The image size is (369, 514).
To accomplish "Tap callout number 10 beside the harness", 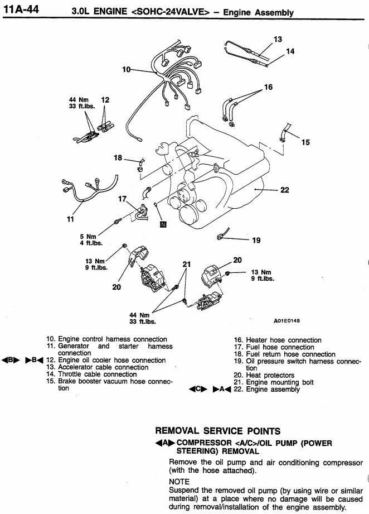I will pos(126,69).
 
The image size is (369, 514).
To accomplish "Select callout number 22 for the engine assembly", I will pos(284,190).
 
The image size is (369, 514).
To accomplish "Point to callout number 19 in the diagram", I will pos(256,241).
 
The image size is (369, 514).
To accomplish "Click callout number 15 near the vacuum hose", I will pos(305,142).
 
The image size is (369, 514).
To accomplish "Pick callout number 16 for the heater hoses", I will pos(269,87).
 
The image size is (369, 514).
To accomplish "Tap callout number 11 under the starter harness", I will pos(70,219).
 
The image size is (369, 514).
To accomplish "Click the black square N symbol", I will pos(163,225).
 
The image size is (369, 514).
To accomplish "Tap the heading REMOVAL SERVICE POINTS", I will pos(217,431).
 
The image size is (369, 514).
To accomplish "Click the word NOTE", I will pos(179,481).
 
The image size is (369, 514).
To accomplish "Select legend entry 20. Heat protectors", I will pos(264,376).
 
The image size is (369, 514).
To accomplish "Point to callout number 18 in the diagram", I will pos(118,158).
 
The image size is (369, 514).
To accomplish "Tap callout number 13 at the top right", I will pos(278,39).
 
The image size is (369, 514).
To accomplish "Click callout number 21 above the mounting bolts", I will pos(187,264).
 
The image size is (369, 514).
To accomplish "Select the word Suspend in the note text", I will pos(184,490).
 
